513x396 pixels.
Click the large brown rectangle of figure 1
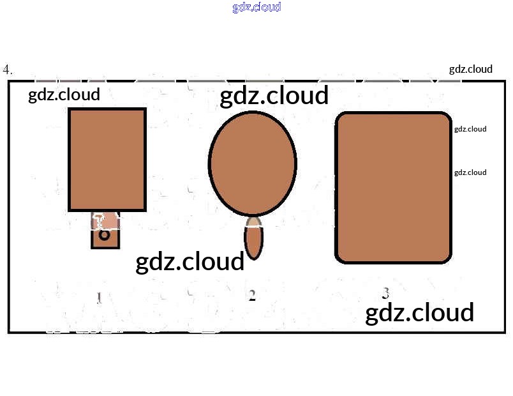[107, 160]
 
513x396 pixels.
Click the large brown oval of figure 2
[253, 162]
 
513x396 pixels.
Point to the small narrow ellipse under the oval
[254, 241]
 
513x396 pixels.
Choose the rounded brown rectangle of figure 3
[394, 187]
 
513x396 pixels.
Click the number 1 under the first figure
[99, 298]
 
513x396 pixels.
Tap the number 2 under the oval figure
[252, 296]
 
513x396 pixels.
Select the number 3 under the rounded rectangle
[385, 294]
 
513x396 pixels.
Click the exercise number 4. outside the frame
[8, 70]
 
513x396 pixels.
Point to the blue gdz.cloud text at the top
[256, 8]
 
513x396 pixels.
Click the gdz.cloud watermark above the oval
[274, 96]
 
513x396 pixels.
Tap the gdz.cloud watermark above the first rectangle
[64, 95]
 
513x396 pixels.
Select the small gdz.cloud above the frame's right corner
[471, 69]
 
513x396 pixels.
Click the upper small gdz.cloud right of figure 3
[470, 129]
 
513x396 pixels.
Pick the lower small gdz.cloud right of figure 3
[470, 172]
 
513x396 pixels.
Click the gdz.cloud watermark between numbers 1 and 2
[190, 262]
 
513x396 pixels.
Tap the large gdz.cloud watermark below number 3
[419, 313]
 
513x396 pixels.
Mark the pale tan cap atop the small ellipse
[254, 222]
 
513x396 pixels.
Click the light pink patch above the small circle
[107, 220]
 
